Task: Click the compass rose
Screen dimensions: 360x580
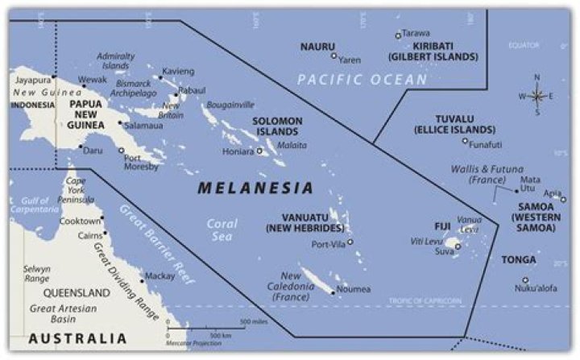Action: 537,95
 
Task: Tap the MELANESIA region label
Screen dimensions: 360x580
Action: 255,188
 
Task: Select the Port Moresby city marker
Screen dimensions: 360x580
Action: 122,151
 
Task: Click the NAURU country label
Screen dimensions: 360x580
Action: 317,47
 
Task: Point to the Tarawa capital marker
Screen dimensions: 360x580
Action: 398,35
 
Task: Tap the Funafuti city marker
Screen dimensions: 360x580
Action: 465,141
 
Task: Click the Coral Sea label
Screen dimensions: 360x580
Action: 221,230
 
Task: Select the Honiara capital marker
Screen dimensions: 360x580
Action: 259,151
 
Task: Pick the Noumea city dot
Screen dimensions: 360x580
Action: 333,292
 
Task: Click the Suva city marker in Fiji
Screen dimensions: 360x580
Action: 458,247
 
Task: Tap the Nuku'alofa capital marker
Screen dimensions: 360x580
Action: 525,280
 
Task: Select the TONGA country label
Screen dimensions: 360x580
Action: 518,260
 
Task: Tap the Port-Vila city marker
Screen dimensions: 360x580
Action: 350,242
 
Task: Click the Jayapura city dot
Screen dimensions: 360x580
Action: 54,77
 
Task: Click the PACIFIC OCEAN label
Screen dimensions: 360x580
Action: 362,79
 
